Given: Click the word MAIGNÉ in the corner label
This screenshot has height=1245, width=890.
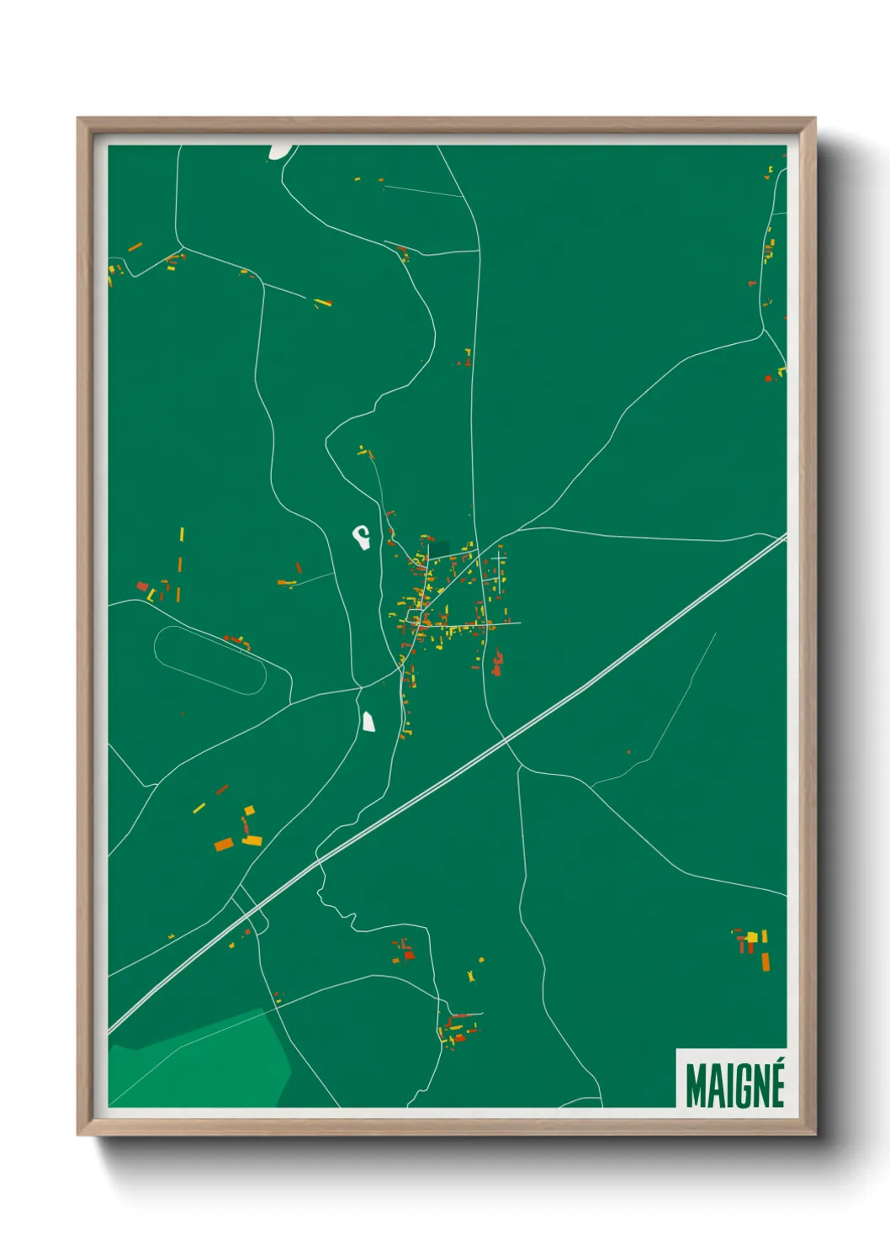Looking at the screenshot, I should tap(734, 1085).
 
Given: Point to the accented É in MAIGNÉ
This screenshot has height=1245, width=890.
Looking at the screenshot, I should tap(776, 1083).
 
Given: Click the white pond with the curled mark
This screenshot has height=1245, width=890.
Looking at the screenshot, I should tap(362, 536).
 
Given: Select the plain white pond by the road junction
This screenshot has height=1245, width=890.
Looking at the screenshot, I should tap(368, 722).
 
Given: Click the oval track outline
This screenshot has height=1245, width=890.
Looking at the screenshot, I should tap(210, 660).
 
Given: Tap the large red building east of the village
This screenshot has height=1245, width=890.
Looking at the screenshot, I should tap(497, 663).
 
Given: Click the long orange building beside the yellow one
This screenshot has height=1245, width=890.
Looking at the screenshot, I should tap(224, 844).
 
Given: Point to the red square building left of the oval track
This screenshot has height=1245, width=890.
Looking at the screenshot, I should tap(142, 585).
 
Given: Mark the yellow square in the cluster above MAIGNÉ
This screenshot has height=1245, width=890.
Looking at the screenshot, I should tap(753, 936).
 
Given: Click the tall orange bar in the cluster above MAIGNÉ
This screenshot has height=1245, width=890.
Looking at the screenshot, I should tap(766, 962).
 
